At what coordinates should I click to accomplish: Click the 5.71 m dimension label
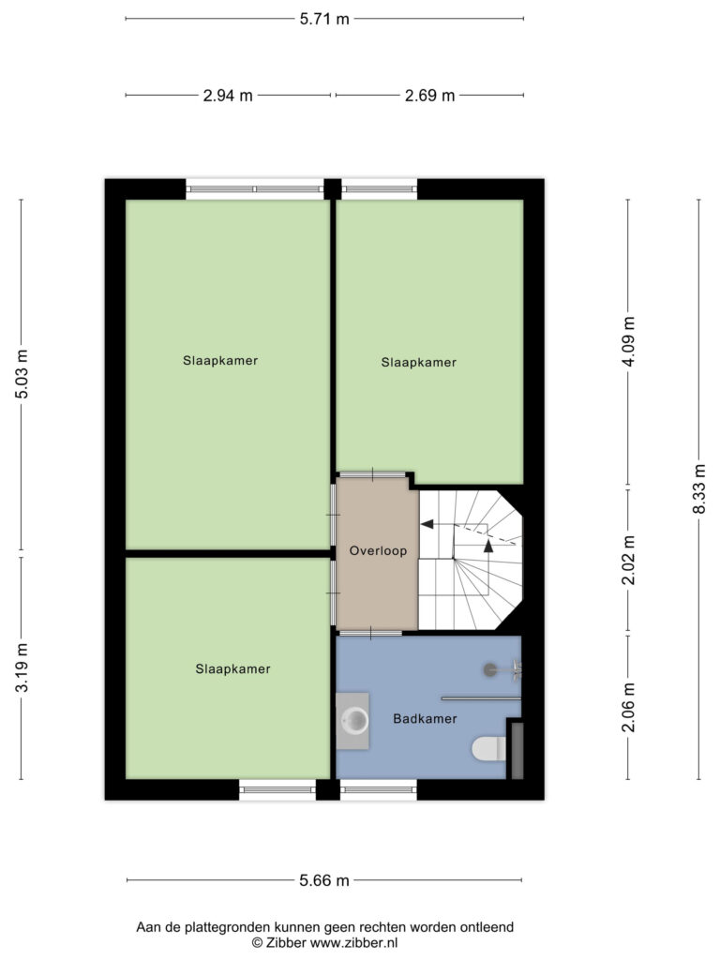coord(323,19)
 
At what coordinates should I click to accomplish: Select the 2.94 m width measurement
coord(228,96)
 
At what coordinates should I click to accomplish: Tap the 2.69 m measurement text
coord(429,96)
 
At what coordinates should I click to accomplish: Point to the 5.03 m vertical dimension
coord(22,374)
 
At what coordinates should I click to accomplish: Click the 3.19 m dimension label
coord(22,667)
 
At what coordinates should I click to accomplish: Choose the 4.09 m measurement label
coord(628,341)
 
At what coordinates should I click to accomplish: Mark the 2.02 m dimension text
coord(628,560)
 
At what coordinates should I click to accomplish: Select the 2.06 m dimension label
coord(628,707)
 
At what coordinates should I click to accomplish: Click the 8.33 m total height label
coord(699,488)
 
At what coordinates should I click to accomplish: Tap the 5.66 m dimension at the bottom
coord(323,880)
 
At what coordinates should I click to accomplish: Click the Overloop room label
coord(378,551)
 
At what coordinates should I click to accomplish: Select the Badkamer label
coord(425,719)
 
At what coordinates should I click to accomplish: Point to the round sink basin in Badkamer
coord(354,721)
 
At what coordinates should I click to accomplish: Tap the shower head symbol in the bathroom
coord(490,669)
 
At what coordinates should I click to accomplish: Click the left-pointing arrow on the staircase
coord(427,524)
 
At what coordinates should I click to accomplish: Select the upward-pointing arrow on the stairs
coord(487,547)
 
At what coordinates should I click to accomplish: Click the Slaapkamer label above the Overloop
coord(419,363)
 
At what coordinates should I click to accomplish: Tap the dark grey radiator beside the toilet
coord(517,751)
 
